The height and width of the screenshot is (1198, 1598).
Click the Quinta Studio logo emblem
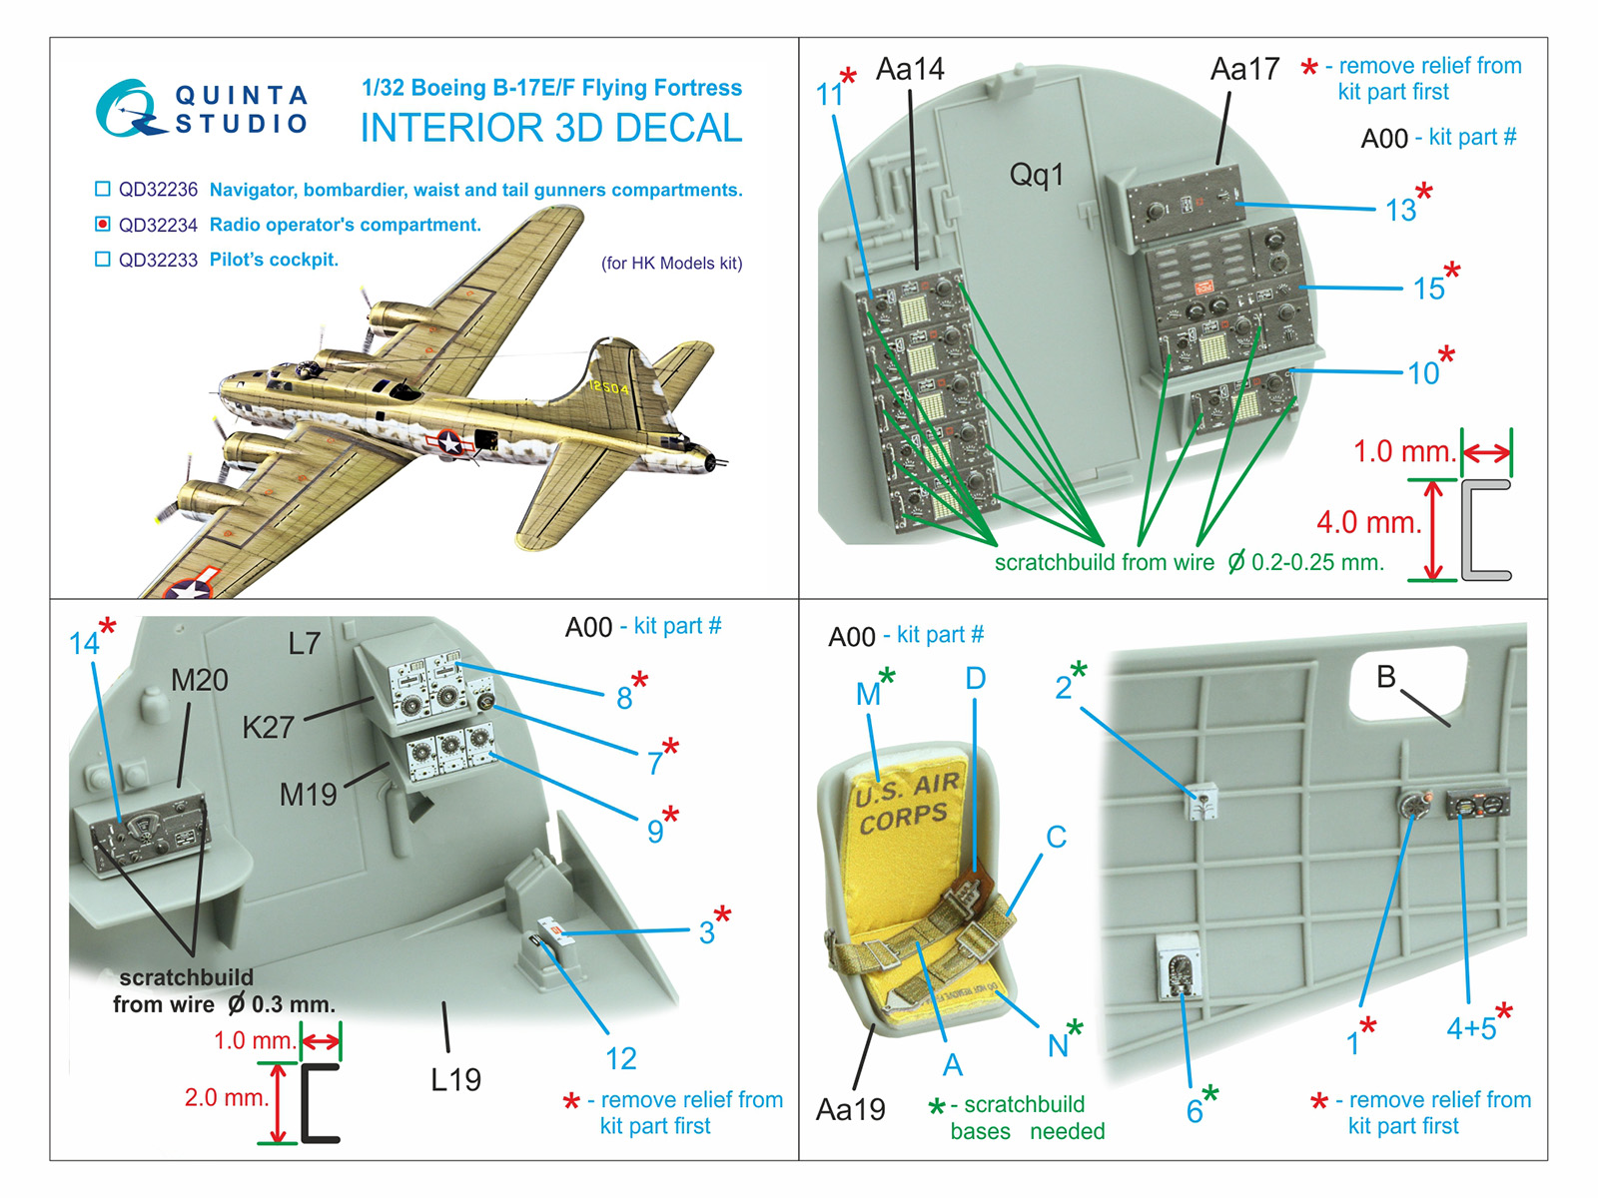(128, 108)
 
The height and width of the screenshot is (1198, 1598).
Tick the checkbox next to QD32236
(102, 189)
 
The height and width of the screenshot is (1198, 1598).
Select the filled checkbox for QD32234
(102, 224)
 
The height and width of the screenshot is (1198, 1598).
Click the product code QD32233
(158, 260)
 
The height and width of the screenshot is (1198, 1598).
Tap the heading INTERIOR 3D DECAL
(550, 128)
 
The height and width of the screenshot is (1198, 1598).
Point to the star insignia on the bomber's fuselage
(450, 442)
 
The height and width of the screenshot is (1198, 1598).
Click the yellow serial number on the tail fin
(608, 387)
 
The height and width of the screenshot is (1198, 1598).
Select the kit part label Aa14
(909, 69)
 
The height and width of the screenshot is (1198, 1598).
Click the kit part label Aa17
(1243, 69)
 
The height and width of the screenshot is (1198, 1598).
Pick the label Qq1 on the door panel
(1036, 175)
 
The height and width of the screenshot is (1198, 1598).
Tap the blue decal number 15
(1428, 289)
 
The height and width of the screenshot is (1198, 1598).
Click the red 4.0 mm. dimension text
(1368, 522)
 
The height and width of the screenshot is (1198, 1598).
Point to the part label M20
(199, 680)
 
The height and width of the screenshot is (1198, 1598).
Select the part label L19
(455, 1079)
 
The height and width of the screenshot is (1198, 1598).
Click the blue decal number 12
(620, 1058)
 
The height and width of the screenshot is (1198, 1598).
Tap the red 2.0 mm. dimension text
(227, 1097)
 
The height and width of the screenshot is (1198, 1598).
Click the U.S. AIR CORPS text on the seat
(906, 802)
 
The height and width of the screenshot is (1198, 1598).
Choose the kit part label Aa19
(850, 1109)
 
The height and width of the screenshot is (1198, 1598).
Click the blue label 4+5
(1471, 1028)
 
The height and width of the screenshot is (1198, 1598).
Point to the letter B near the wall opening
(1385, 677)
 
